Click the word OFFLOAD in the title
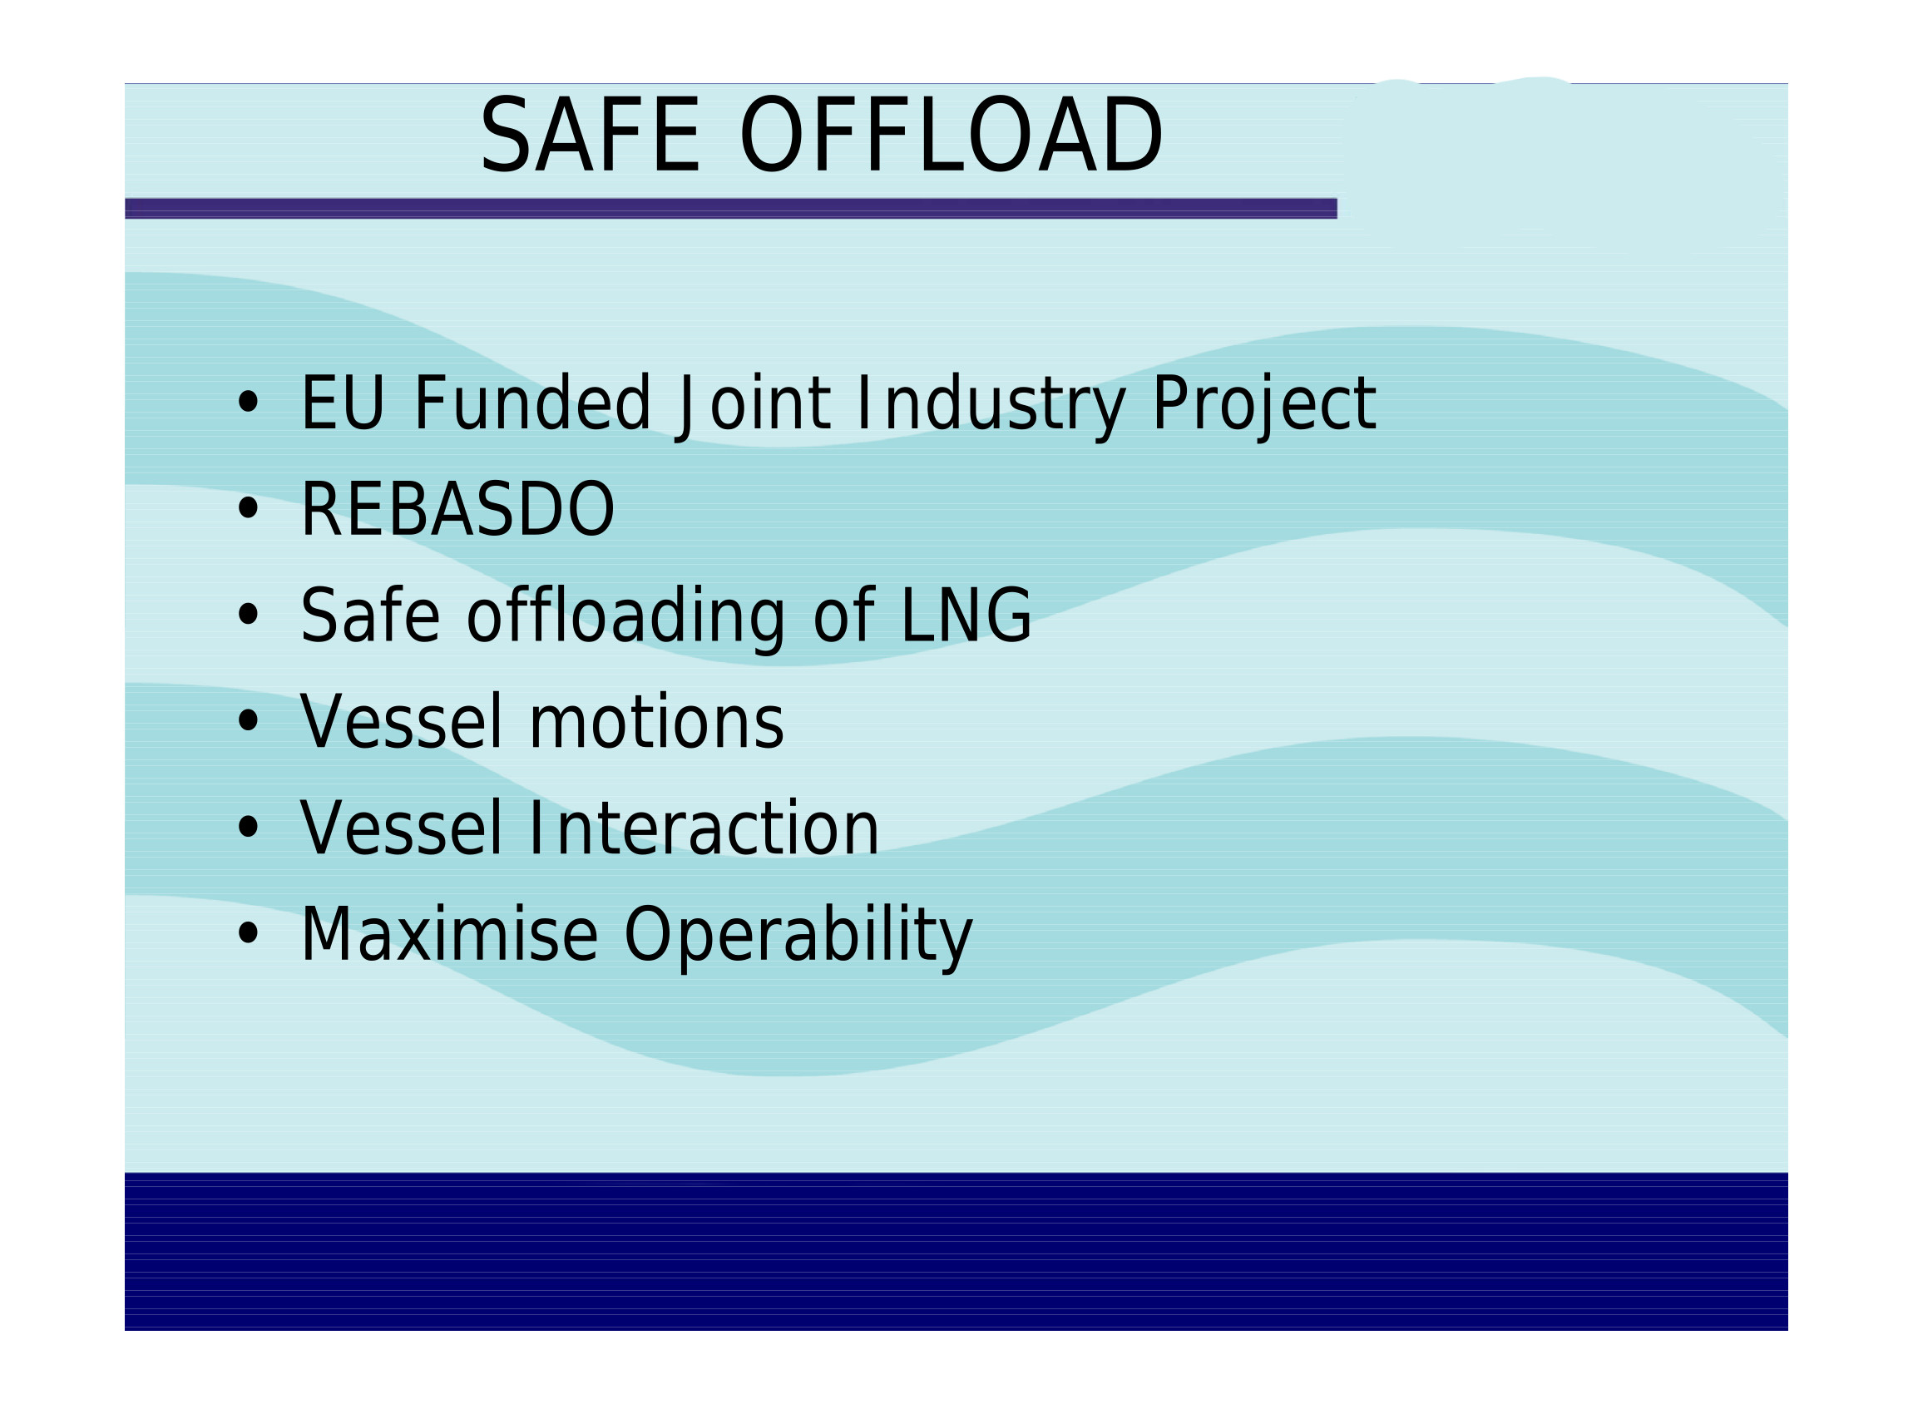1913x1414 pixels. [951, 135]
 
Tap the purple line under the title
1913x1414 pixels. [730, 208]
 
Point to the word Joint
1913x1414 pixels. [752, 407]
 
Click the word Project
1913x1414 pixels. [1264, 407]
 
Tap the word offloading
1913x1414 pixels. [625, 617]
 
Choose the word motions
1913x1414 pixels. [656, 723]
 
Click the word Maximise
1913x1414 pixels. [449, 935]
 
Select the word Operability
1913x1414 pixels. [798, 938]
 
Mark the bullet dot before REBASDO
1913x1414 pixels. [248, 508]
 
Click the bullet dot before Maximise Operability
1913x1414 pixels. [248, 933]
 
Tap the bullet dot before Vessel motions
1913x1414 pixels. [248, 720]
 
